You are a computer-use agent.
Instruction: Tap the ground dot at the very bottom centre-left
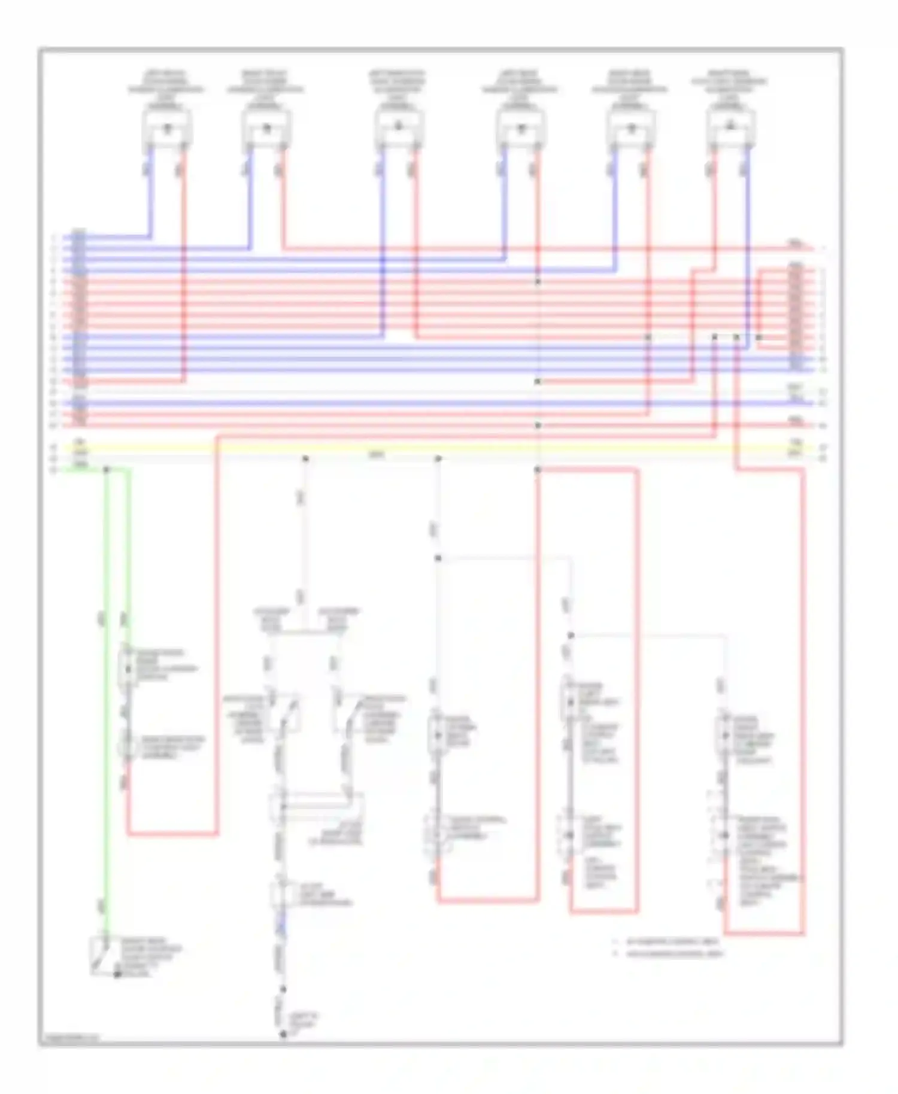tap(284, 1034)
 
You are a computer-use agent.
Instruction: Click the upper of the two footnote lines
tap(671, 942)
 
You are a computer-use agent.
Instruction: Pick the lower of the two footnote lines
tap(673, 954)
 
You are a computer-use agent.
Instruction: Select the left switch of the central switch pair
tap(286, 715)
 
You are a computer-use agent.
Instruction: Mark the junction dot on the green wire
tap(107, 470)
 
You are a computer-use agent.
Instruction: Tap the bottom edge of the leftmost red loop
tap(172, 833)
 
